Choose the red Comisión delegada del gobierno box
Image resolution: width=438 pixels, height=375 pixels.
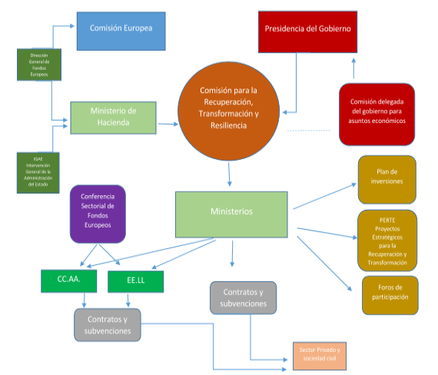click(377, 114)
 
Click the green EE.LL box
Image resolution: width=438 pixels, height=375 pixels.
click(137, 282)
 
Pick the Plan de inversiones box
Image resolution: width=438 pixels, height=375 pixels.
click(387, 180)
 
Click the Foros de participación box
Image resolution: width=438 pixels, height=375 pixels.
click(390, 294)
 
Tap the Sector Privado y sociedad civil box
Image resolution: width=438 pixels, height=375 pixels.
click(320, 355)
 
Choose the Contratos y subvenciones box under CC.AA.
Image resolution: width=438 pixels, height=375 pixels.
click(108, 324)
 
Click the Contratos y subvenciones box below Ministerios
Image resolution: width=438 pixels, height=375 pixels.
click(243, 298)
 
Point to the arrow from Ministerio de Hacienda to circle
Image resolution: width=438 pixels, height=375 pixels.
click(168, 121)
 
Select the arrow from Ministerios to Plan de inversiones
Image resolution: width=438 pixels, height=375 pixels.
click(323, 196)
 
